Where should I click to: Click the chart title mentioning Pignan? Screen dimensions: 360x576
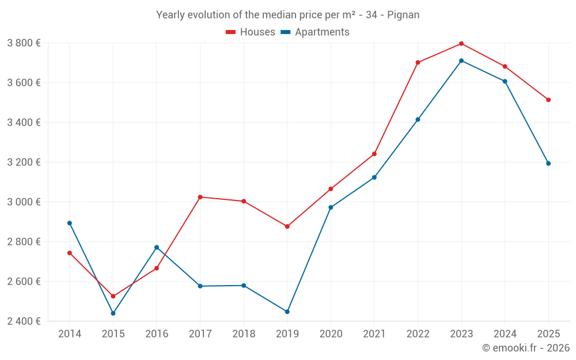click(x=288, y=14)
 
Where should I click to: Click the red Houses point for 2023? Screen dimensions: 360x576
click(x=461, y=44)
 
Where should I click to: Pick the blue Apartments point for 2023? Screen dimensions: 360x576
click(x=461, y=60)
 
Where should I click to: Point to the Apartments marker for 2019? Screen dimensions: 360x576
click(x=287, y=312)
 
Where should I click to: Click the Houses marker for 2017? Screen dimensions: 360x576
click(x=200, y=197)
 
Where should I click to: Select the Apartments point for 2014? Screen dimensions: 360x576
click(x=70, y=223)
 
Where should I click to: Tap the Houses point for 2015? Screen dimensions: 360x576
click(x=113, y=296)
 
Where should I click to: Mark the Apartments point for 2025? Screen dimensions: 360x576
click(x=548, y=164)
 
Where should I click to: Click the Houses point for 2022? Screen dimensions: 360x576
click(x=418, y=63)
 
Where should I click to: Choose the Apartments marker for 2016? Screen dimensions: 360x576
click(x=157, y=248)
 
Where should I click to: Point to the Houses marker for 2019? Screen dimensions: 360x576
click(x=287, y=226)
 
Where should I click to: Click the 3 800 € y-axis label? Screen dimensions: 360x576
click(x=24, y=43)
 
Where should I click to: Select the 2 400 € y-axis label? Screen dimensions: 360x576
click(x=24, y=321)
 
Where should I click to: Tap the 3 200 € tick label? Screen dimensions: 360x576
click(x=24, y=162)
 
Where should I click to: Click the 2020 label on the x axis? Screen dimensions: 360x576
click(x=331, y=334)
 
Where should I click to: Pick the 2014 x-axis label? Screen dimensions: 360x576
click(x=70, y=334)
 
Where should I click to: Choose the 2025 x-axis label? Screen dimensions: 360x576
click(x=548, y=334)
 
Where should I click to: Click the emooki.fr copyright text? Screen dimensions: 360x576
click(x=526, y=348)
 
